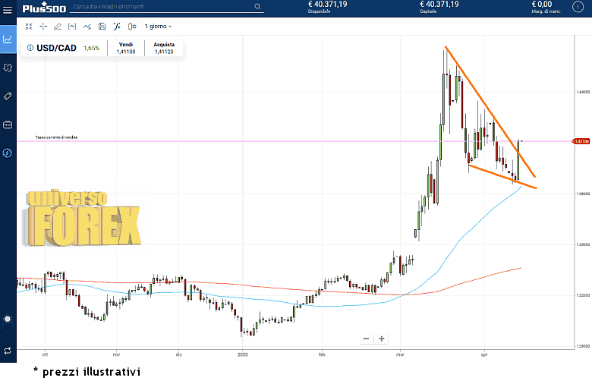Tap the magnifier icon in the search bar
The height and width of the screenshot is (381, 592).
[x=258, y=7]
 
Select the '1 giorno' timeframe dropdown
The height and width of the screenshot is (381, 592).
[x=158, y=26]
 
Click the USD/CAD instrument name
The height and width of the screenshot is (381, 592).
[x=57, y=48]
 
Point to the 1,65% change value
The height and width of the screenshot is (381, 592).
[x=92, y=48]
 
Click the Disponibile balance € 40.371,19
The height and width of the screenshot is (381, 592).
[x=327, y=5]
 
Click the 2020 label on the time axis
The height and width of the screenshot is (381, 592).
[x=243, y=354]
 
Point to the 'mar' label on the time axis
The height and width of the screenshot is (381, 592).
[x=400, y=354]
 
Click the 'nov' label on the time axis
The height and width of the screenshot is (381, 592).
[x=116, y=354]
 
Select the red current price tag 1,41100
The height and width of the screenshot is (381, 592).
[x=582, y=141]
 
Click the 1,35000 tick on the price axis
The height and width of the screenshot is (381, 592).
[x=582, y=244]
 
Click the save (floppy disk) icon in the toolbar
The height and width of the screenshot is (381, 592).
[x=102, y=26]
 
